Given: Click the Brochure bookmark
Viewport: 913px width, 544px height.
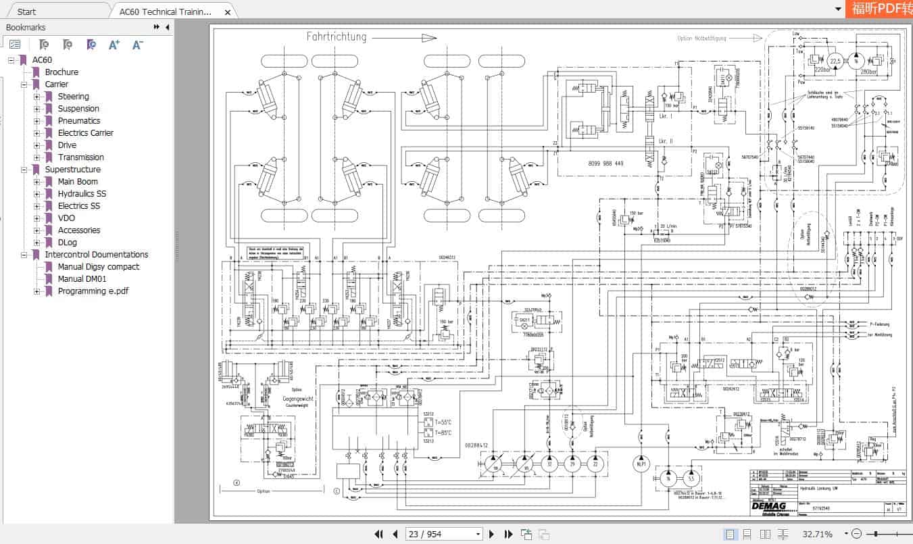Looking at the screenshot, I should point(61,72).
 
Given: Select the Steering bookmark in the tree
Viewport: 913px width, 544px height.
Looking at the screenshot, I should point(73,97).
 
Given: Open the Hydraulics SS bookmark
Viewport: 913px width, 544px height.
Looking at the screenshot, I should point(81,194).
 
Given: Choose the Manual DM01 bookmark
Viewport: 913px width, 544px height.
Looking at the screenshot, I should point(82,279).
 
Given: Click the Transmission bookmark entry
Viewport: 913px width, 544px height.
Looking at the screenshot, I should point(80,157).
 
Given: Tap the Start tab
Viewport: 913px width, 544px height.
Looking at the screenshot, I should point(27,11).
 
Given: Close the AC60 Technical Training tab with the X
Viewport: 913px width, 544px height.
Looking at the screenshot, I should point(228,12).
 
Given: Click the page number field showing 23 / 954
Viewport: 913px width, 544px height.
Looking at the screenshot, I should point(443,534).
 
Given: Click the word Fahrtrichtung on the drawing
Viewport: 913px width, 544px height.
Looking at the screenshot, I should point(336,37).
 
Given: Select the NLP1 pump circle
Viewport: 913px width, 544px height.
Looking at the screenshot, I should point(641,465).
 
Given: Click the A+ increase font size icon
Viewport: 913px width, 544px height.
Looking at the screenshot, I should point(114,45).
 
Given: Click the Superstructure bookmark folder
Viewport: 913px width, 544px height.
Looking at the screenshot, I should point(72,170).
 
